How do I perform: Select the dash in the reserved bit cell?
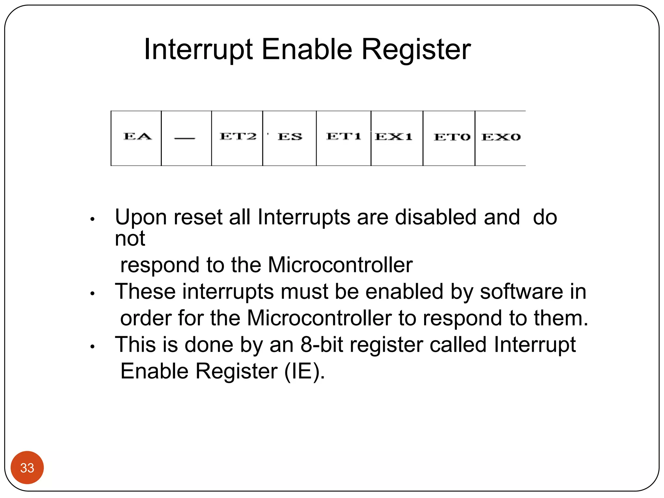[185, 138]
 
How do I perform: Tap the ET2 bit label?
[238, 136]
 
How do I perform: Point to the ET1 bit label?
[344, 136]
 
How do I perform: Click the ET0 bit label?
[452, 137]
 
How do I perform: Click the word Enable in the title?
[307, 50]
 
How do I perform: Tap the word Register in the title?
[416, 50]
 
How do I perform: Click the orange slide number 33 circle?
[27, 468]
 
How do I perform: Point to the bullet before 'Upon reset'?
[92, 219]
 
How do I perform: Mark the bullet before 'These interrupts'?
[92, 294]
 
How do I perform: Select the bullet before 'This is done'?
[92, 347]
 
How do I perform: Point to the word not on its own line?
[130, 239]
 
